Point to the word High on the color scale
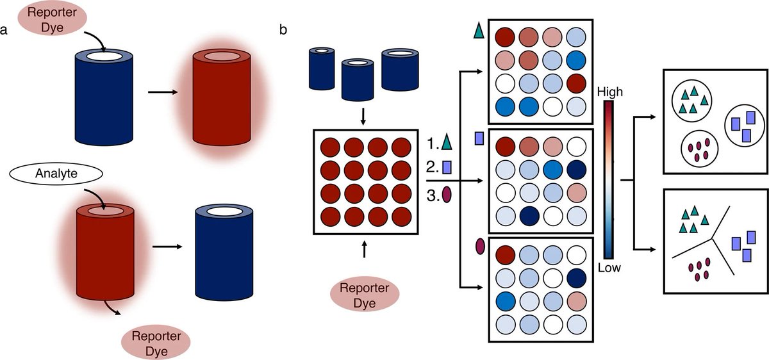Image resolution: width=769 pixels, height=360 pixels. [609, 92]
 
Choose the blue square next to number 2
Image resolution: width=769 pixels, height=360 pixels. [447, 168]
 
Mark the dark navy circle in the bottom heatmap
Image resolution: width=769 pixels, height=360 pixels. [576, 277]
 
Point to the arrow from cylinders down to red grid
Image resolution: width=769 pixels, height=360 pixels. [363, 116]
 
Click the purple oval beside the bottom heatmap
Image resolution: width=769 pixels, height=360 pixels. [479, 246]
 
